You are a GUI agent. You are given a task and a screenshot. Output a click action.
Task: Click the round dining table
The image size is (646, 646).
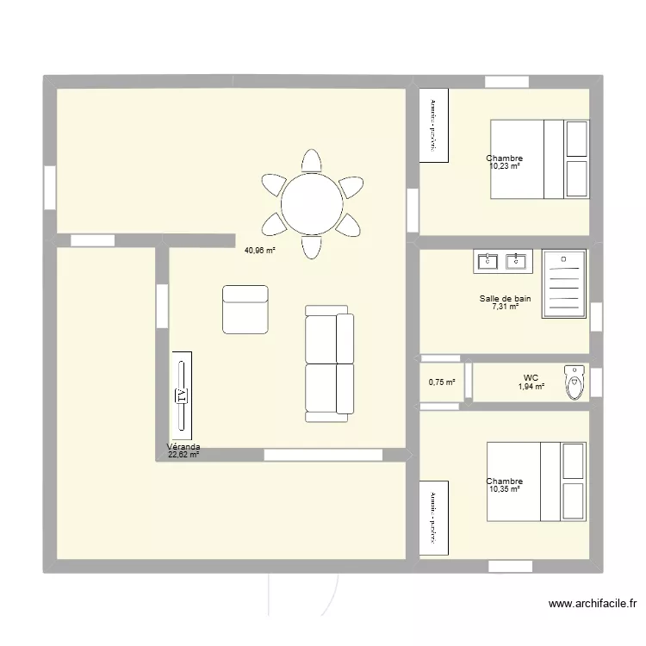coord(311,203)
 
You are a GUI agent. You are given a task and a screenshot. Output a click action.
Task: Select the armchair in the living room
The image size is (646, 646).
coord(245,309)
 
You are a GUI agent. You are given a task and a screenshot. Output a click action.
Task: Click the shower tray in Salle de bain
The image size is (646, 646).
coord(564,284)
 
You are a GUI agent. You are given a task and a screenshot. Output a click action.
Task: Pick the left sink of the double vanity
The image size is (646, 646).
coord(488,261)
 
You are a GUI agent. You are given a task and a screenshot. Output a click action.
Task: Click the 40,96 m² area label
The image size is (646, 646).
coord(259,251)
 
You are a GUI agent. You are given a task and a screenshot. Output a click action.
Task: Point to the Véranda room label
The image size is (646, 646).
coord(183,447)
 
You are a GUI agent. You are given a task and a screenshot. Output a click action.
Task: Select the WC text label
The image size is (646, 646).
coord(531,377)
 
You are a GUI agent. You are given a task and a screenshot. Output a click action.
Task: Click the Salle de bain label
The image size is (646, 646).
coord(505,299)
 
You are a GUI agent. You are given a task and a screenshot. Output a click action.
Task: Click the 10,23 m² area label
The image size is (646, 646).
coord(505,166)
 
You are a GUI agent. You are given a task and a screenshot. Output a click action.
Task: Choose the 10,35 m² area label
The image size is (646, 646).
coord(505,489)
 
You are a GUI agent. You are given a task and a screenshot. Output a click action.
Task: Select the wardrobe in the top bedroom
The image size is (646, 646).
coord(433,125)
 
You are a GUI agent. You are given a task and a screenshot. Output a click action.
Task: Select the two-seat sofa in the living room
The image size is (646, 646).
coord(330,363)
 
